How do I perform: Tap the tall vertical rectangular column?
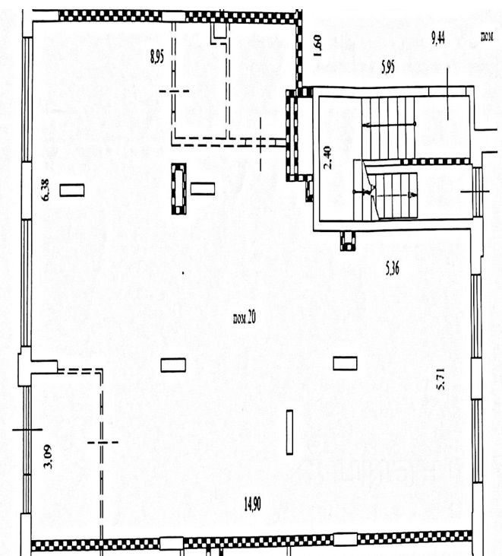[289, 432]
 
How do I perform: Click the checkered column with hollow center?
[179, 189]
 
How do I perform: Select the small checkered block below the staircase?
[348, 240]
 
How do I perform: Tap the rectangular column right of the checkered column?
[203, 189]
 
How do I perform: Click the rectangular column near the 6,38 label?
[72, 190]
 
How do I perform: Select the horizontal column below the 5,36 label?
[345, 364]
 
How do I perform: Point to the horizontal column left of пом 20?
[173, 365]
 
